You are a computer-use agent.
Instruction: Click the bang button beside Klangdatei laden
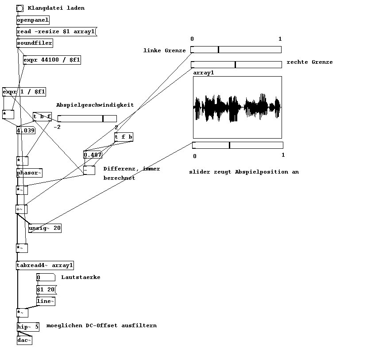click(x=20, y=8)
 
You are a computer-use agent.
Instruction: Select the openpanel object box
click(x=33, y=20)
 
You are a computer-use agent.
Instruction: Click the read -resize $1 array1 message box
click(x=56, y=31)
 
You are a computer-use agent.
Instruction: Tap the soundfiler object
click(x=35, y=43)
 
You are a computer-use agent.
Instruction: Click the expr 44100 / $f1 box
click(x=52, y=60)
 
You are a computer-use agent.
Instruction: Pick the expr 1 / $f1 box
click(x=24, y=92)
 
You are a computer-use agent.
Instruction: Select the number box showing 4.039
click(x=26, y=131)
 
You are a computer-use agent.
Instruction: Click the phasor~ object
click(x=29, y=173)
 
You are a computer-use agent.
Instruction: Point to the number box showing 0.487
click(x=93, y=155)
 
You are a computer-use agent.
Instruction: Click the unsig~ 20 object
click(x=45, y=228)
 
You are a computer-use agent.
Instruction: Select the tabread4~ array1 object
click(x=45, y=266)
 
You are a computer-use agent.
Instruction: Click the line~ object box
click(x=46, y=301)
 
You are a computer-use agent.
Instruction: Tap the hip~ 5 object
click(x=28, y=327)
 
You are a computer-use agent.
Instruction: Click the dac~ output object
click(x=24, y=340)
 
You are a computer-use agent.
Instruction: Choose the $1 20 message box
click(x=46, y=290)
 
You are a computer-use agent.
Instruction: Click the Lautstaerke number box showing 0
click(x=46, y=277)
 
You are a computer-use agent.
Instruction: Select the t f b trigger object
click(x=124, y=137)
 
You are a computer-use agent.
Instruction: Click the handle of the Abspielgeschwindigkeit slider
click(x=103, y=119)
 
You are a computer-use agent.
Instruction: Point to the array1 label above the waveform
click(x=204, y=73)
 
